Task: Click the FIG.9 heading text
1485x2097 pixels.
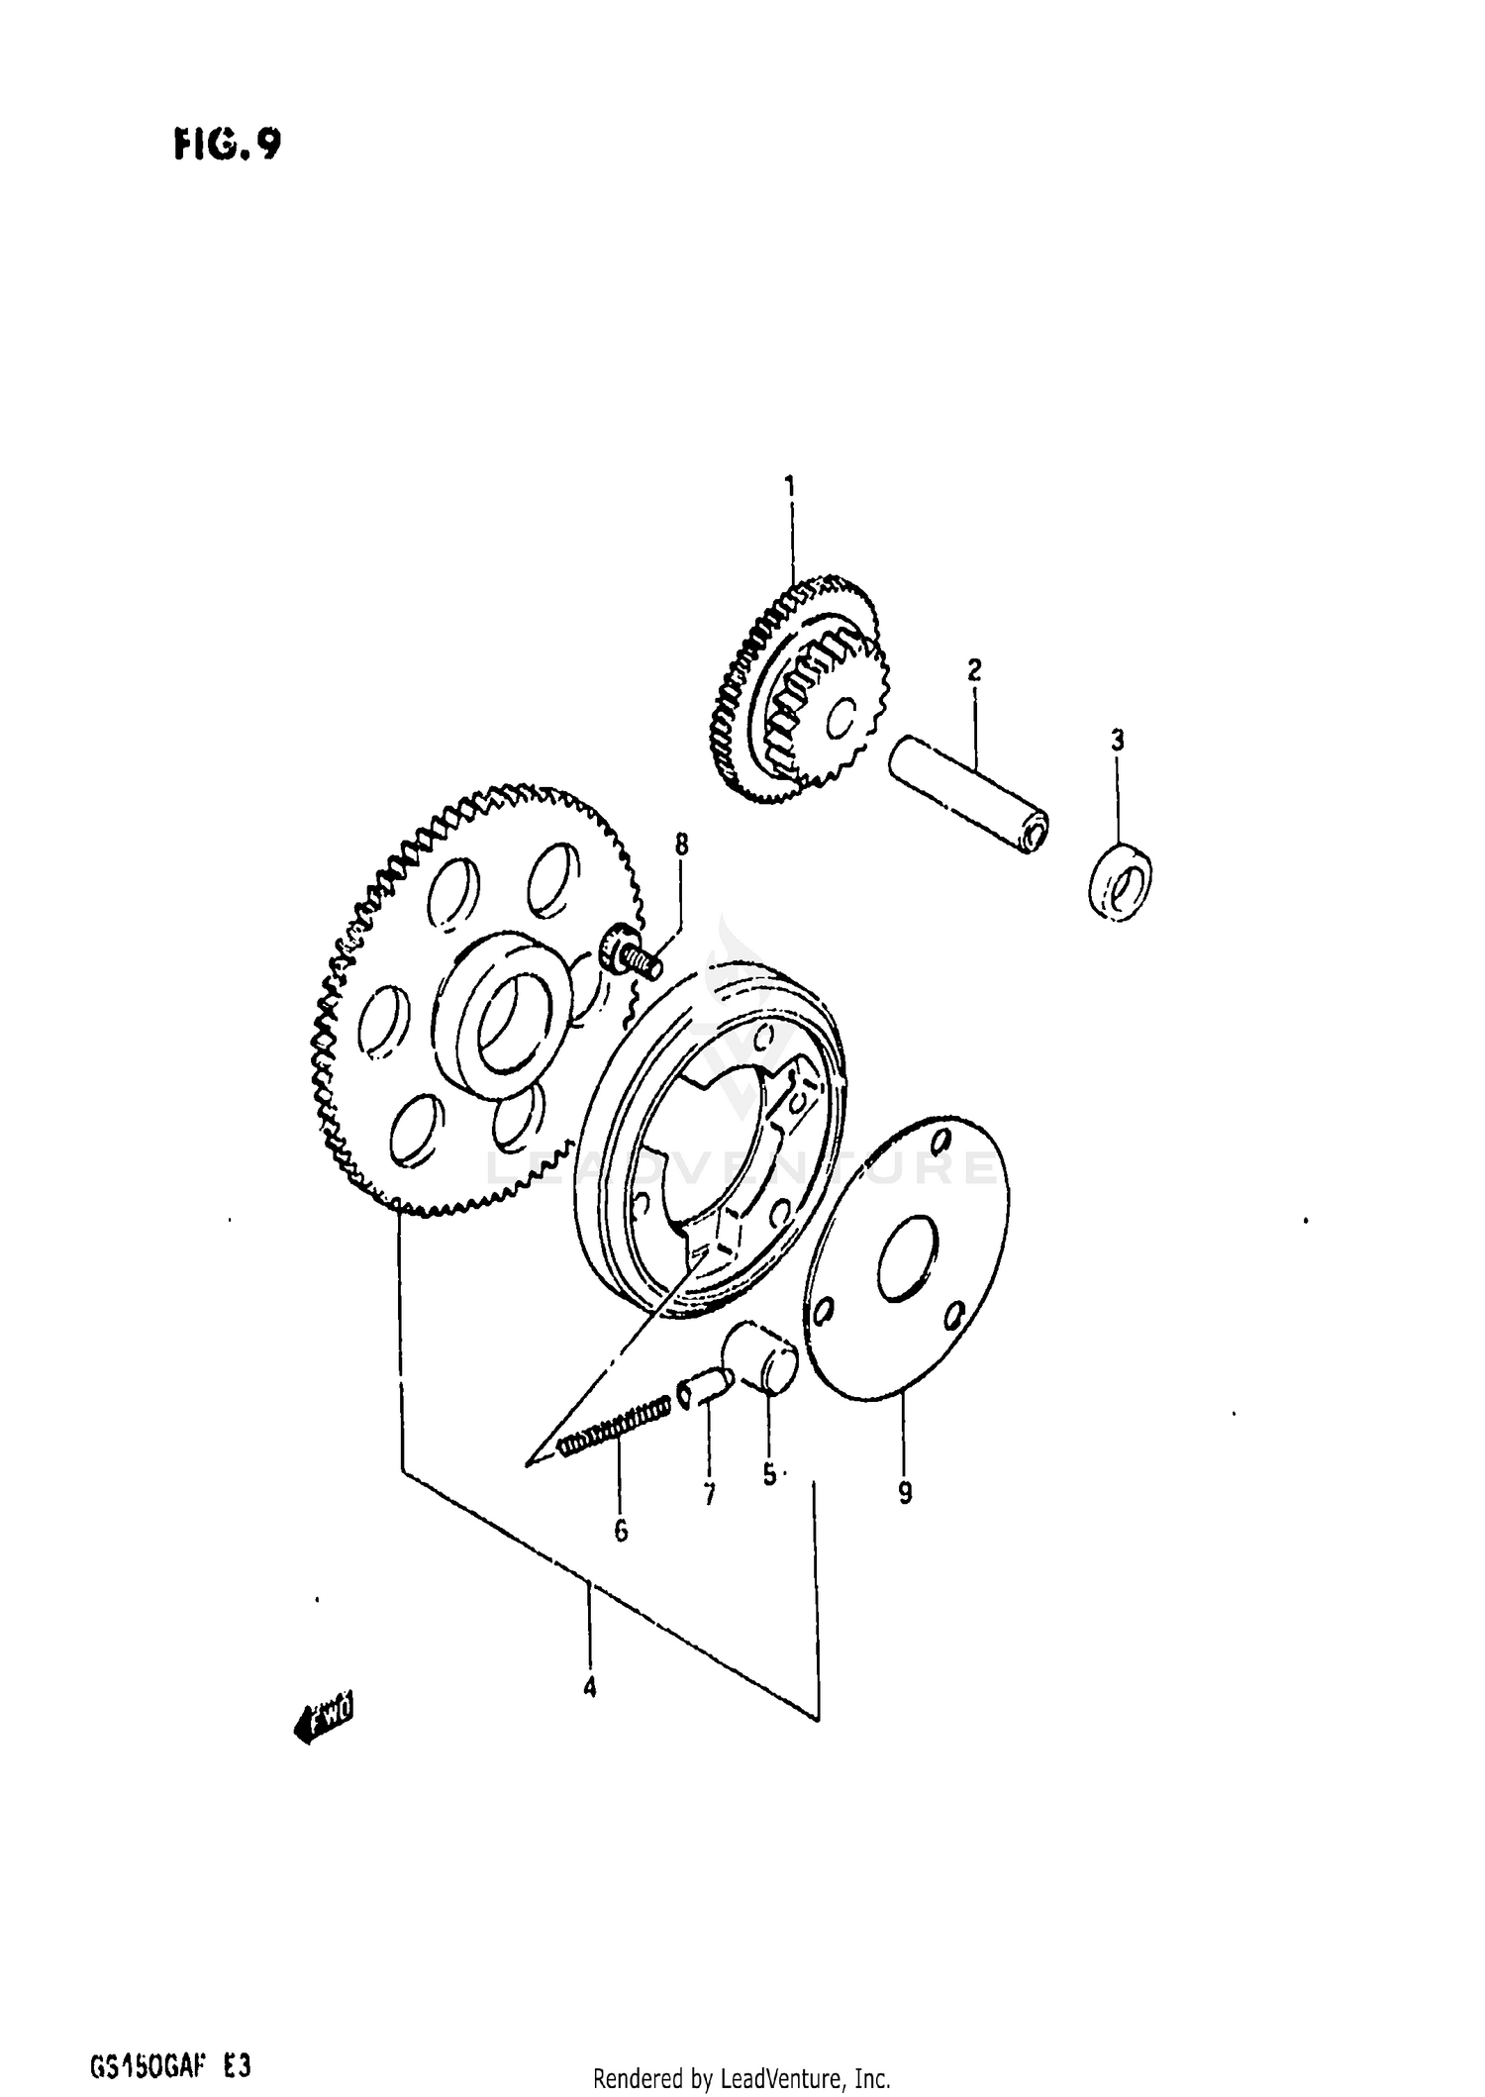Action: [227, 145]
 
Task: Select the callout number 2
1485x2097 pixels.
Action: [974, 670]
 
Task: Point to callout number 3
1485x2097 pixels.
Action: [1117, 740]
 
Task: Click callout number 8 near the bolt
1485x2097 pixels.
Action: [681, 845]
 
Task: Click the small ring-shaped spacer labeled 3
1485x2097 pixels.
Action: [1120, 880]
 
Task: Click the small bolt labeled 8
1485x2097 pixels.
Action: [633, 954]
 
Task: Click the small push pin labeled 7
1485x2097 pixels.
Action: [704, 1387]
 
